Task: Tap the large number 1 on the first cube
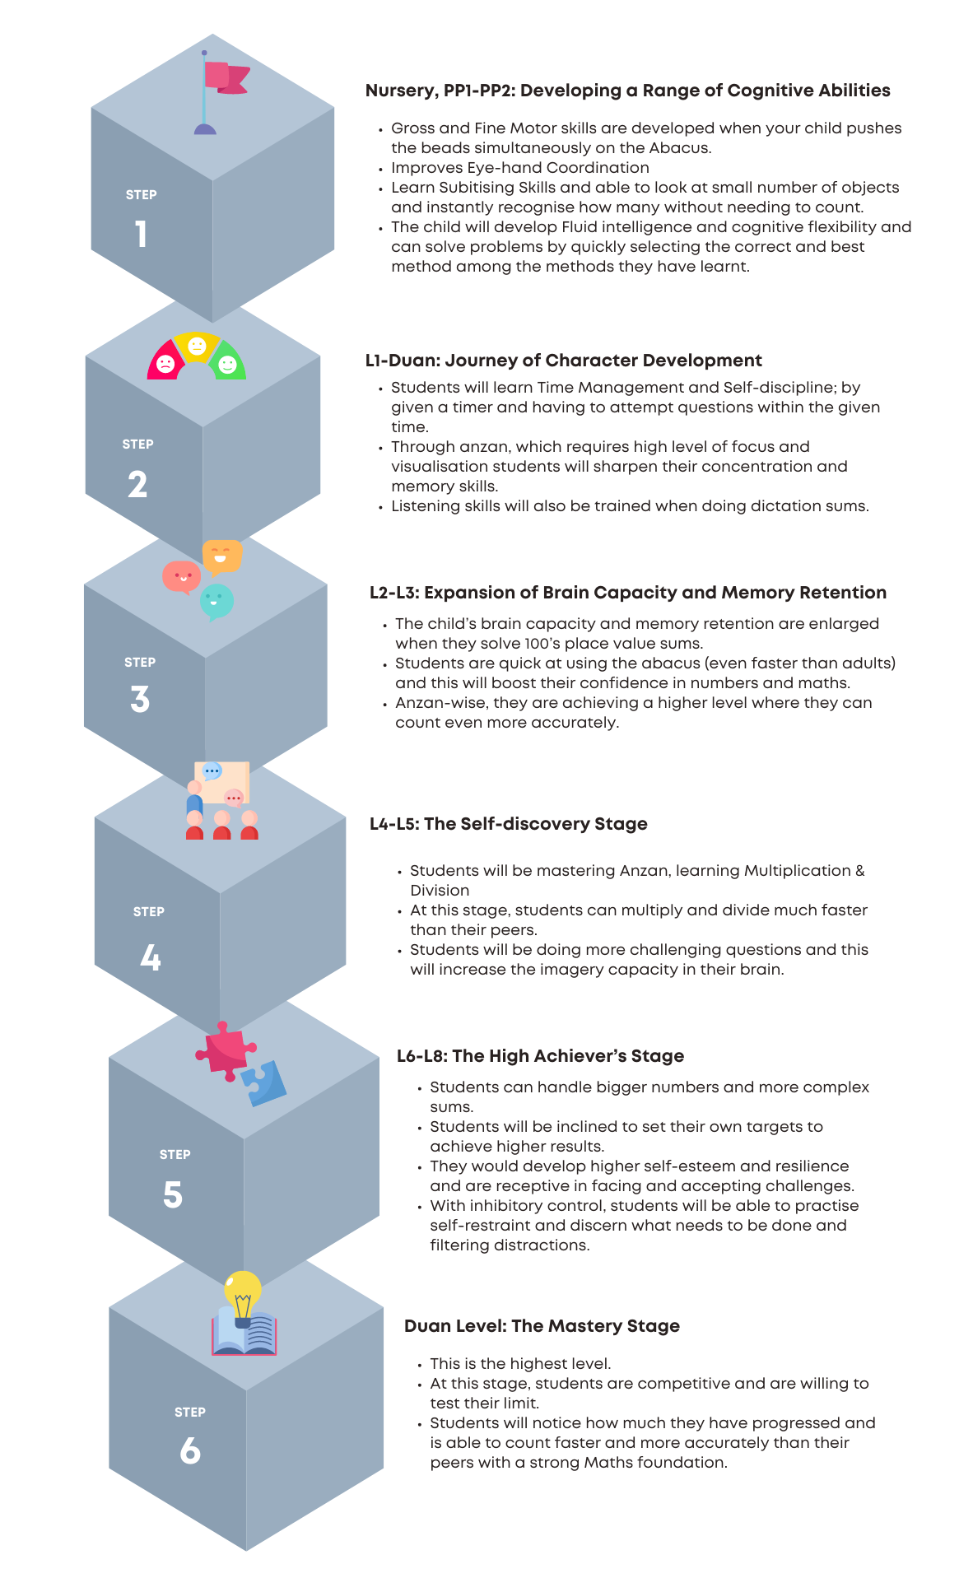(x=142, y=234)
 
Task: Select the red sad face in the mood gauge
(x=165, y=364)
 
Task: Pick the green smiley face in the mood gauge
(x=227, y=364)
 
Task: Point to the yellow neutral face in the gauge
(x=197, y=346)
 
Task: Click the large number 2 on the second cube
(x=137, y=484)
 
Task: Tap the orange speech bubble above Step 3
(x=222, y=556)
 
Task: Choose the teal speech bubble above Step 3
(x=216, y=602)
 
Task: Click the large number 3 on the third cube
(x=140, y=699)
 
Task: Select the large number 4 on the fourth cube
(x=150, y=957)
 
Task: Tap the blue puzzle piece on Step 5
(x=264, y=1083)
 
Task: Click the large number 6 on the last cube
(x=190, y=1450)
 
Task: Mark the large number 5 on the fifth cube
(x=173, y=1194)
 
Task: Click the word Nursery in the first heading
(x=401, y=91)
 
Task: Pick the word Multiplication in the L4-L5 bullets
(x=798, y=871)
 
